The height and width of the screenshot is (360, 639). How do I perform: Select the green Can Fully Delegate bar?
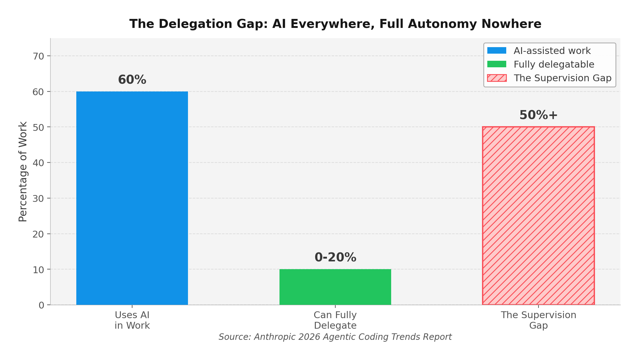tap(335, 287)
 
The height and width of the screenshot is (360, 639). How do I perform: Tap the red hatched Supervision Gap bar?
tap(538, 216)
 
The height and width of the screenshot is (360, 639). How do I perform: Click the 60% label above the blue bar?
tap(132, 80)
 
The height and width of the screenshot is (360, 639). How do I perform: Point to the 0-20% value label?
tap(335, 257)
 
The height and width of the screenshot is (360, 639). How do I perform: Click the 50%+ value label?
tap(538, 115)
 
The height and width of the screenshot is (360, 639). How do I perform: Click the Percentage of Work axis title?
tap(23, 171)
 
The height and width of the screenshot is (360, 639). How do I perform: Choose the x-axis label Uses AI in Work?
tap(132, 320)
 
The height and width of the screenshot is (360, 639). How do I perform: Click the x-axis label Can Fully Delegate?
tap(335, 320)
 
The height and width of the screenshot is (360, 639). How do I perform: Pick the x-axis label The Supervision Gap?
tap(538, 320)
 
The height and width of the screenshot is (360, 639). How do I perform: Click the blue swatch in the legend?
tap(497, 51)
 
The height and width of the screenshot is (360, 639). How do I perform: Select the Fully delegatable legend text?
tap(554, 64)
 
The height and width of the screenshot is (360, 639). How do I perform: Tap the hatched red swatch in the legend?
tap(497, 78)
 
